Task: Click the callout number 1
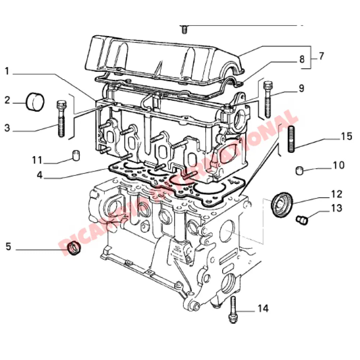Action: [7, 71]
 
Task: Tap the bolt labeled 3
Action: [61, 118]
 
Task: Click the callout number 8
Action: [302, 59]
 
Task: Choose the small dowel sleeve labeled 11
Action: [76, 156]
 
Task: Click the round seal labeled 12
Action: [282, 205]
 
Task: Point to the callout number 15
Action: [346, 137]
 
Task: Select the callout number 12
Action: [337, 194]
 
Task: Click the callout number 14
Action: [263, 309]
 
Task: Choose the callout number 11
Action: [37, 160]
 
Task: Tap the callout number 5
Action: [8, 247]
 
